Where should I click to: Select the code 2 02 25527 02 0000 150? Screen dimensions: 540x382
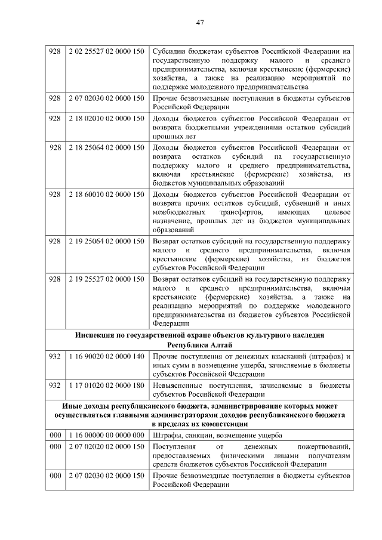pos(106,51)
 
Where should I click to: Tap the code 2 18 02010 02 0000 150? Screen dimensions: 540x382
pos(106,119)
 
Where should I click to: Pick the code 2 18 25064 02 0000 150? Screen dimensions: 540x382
pos(106,147)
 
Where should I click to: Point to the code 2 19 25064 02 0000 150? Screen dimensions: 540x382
pos(106,241)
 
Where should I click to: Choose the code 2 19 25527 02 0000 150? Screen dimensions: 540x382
pos(106,279)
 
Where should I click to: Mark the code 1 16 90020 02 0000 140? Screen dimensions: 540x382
pos(106,357)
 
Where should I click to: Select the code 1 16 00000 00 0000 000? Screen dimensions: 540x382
pos(106,434)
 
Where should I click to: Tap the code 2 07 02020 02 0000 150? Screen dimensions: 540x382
pos(106,446)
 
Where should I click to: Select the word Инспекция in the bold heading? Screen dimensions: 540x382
pos(97,335)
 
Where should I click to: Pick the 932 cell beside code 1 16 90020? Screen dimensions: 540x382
pos(55,357)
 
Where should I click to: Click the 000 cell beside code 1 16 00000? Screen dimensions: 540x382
pos(55,434)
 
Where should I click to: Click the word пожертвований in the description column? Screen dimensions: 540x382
pos(322,446)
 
